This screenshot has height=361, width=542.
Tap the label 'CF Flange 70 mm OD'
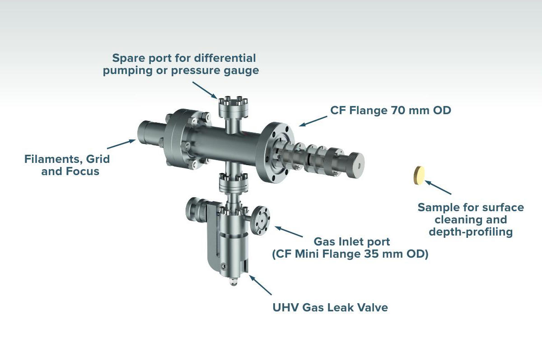click(391, 110)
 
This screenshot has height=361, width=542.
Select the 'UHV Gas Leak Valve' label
click(330, 308)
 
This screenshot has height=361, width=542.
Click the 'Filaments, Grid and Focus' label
click(67, 165)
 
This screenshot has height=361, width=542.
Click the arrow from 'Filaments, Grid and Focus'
click(121, 144)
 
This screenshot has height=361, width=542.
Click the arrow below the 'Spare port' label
click(205, 89)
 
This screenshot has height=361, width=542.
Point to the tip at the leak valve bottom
click(233, 282)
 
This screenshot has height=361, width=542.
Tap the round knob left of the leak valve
click(196, 210)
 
